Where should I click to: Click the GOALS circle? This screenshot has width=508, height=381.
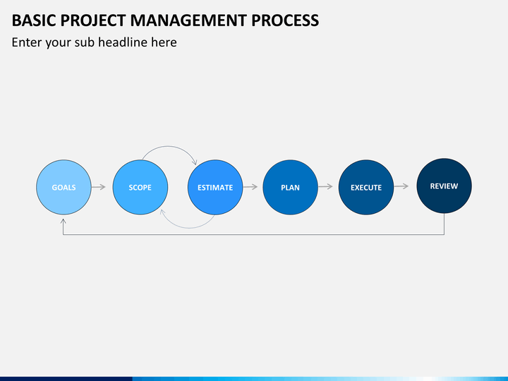64,187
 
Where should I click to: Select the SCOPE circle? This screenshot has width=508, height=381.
140,187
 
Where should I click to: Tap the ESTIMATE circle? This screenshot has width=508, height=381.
215,187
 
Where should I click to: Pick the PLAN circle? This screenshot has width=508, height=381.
290,187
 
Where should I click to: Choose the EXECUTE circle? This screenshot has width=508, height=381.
366,187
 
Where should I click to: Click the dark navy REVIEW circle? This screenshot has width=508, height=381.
445,186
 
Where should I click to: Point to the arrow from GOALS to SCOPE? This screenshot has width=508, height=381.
99,187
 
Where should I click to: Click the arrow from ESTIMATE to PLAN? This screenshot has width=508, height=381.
250,187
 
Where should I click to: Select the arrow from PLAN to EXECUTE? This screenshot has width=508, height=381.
325,186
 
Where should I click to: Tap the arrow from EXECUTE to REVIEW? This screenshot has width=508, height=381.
401,186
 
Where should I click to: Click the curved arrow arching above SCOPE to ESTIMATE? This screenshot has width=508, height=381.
169,146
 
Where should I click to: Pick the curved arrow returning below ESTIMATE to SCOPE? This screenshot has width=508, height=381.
188,228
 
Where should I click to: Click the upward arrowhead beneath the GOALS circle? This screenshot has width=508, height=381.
64,222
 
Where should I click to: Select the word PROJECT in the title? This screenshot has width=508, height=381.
93,20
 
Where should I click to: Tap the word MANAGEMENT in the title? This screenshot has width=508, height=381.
188,20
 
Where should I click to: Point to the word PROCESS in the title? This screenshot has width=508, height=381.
285,20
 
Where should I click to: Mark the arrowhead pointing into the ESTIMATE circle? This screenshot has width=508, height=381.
195,162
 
